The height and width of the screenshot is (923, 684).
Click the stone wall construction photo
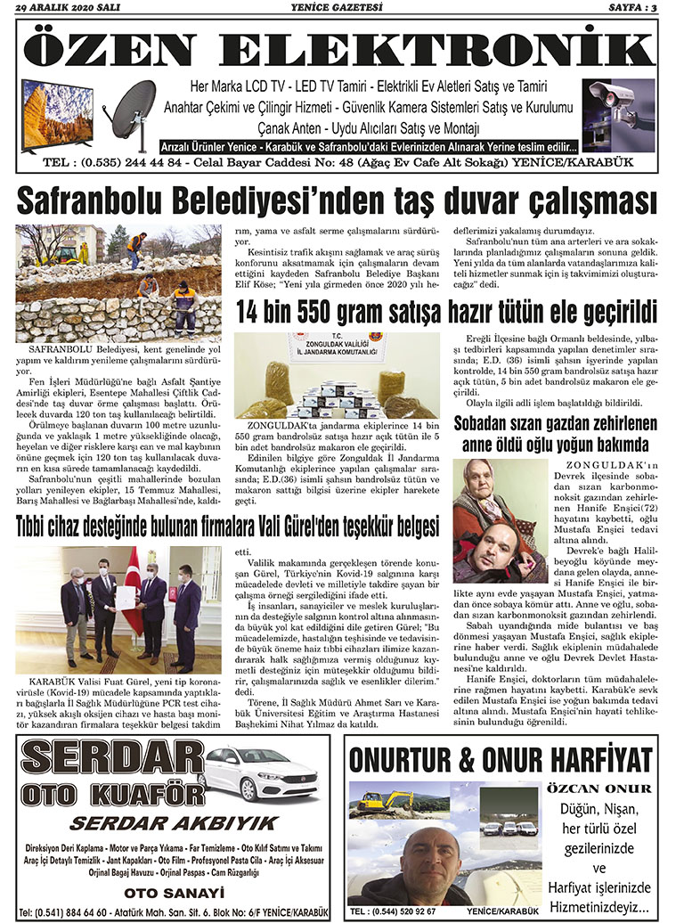point(118,282)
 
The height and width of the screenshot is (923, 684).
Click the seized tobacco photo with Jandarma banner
point(336,375)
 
